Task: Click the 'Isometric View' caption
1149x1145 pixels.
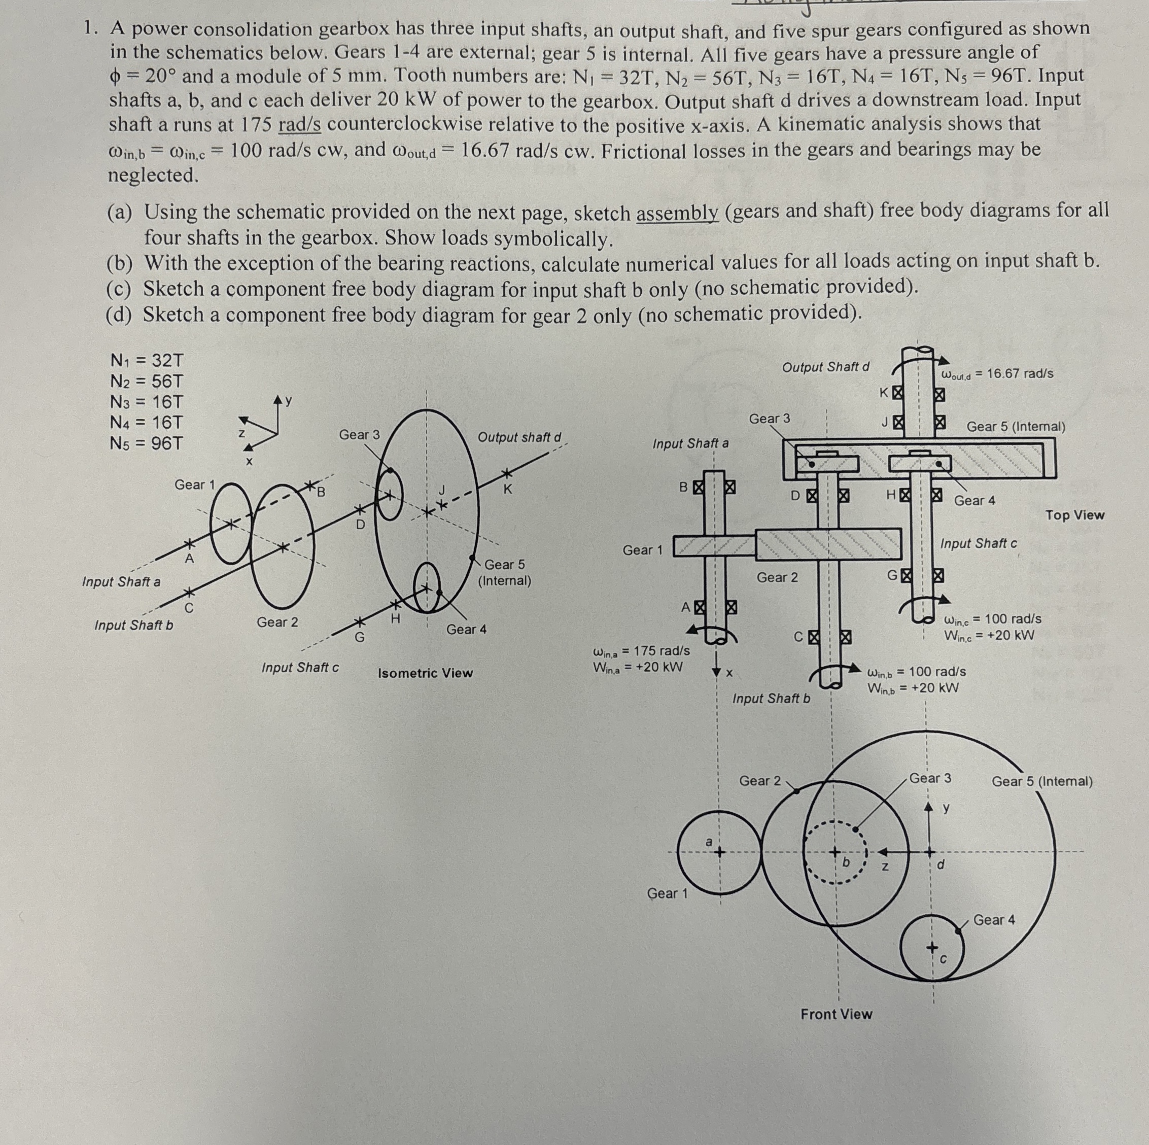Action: tap(425, 673)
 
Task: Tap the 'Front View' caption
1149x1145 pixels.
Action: tap(835, 1014)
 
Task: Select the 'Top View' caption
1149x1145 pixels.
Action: tap(1074, 515)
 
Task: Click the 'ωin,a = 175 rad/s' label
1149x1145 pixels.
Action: tap(642, 651)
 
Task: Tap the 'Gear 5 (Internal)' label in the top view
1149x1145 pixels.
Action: tap(1016, 427)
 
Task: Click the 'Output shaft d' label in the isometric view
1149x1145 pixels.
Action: tap(519, 437)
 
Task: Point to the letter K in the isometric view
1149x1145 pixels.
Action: tap(507, 490)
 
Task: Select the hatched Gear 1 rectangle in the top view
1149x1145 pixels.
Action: tap(714, 546)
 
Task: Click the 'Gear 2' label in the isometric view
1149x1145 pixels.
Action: tap(277, 622)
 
